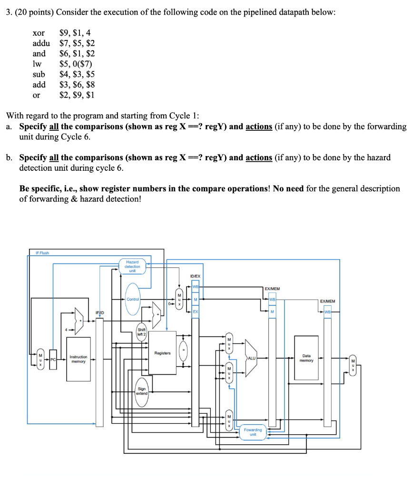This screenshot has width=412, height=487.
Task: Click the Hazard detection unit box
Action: [132, 266]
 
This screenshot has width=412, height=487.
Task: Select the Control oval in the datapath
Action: [133, 299]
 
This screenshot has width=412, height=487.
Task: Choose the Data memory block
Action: [306, 358]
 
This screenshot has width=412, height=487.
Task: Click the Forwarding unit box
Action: [253, 431]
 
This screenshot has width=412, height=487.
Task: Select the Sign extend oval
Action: [142, 391]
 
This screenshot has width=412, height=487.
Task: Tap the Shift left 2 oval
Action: [142, 331]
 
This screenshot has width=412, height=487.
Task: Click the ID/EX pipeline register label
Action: [195, 276]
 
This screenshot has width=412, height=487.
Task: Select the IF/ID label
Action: [100, 312]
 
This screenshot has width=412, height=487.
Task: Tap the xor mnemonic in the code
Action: [39, 33]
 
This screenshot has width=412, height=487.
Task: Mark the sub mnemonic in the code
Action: [39, 74]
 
